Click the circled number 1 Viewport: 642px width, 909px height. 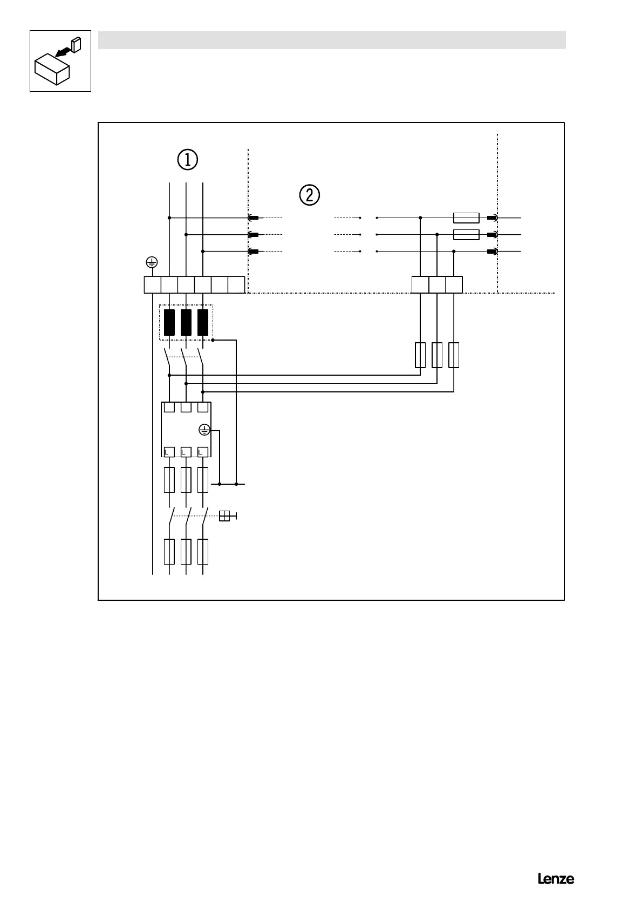coord(188,159)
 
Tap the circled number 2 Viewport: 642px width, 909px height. coord(309,195)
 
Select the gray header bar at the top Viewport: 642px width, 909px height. coord(332,40)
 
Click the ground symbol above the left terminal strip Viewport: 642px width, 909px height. coord(152,263)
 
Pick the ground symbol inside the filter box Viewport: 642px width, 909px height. coord(204,430)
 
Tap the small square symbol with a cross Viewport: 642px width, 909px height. coord(225,516)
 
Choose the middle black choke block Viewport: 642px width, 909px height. coord(186,322)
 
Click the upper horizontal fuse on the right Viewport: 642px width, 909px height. coord(466,218)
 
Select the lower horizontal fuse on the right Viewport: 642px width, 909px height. coord(466,234)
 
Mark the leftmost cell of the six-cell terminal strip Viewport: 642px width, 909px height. coord(152,284)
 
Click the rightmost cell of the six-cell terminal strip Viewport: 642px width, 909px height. coord(236,284)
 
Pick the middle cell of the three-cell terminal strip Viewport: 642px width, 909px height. coord(437,284)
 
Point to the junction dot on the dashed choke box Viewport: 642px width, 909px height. coord(213,340)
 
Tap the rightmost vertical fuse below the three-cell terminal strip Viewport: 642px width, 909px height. coord(454,355)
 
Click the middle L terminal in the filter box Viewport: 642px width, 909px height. coord(186,451)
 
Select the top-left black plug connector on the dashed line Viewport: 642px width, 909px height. coord(253,218)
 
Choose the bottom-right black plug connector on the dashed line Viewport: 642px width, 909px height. coord(492,252)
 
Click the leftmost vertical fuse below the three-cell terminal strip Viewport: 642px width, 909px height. coord(420,355)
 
